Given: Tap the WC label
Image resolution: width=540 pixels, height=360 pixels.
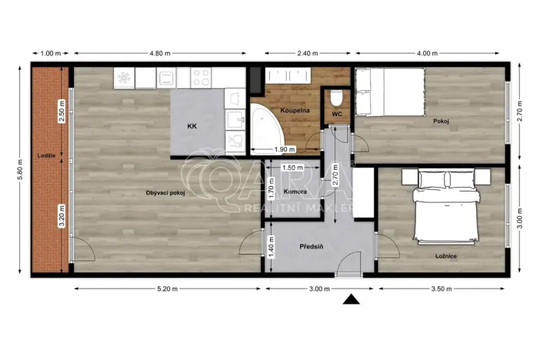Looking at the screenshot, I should coord(337,115).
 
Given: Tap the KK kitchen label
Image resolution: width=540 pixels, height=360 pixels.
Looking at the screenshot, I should coord(192,125).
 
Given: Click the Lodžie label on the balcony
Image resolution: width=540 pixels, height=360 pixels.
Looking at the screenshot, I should coord(45,155).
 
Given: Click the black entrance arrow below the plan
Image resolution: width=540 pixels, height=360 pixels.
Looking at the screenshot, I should coord(352,300).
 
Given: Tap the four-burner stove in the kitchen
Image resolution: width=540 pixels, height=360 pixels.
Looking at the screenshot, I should coord(201,77).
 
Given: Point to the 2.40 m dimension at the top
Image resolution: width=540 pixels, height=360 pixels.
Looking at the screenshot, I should coord(308,53).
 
